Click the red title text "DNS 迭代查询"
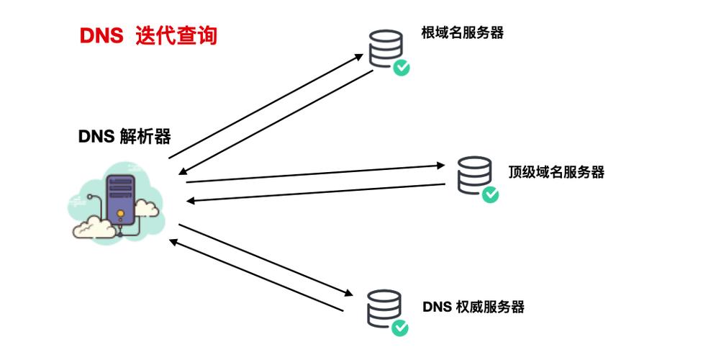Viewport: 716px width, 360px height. pos(148,36)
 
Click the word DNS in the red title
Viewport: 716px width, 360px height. pos(101,36)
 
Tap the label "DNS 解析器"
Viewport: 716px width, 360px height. pos(124,136)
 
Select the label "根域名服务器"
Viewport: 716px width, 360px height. pos(462,32)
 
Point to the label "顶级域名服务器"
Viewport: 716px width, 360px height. pos(556,171)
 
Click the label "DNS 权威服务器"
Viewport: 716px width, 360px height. pos(473,307)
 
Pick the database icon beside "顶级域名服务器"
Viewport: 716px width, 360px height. pos(473,174)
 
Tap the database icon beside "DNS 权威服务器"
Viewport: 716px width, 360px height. pos(384,307)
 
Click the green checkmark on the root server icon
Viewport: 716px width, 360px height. pos(402,68)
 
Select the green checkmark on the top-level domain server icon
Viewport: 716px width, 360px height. pos(490,194)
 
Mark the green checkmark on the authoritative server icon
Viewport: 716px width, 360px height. pos(400,328)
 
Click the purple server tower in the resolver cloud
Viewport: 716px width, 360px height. pos(119,198)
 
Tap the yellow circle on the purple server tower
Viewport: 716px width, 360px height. pos(119,214)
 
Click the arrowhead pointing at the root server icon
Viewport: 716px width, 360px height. pos(362,54)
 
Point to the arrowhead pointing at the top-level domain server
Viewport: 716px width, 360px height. pos(444,165)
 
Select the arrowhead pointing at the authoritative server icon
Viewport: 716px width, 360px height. pos(350,294)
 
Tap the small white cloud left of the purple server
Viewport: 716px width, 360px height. pos(92,225)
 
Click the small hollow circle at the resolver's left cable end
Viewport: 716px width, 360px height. pos(89,195)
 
